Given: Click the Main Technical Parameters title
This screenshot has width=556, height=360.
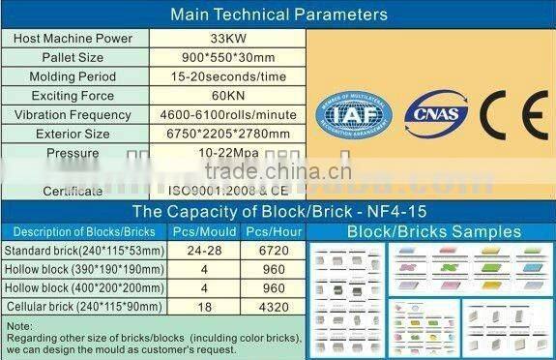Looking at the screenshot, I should (x=278, y=15).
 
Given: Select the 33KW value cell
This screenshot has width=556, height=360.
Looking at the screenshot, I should (x=229, y=38).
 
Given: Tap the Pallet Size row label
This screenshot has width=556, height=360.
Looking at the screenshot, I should (x=73, y=57).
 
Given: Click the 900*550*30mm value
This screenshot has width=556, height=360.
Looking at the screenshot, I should (x=229, y=57).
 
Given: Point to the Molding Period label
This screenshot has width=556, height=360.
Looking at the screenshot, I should (x=73, y=76).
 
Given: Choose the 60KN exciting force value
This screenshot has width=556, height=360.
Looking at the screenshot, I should (x=229, y=96).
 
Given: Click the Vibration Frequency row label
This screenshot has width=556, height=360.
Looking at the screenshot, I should (x=73, y=115).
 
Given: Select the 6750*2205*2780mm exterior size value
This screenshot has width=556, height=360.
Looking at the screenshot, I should (x=229, y=134).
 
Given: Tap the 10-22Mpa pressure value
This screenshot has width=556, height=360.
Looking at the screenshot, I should (x=229, y=153).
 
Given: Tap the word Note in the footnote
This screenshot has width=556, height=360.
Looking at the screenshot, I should (x=18, y=326).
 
